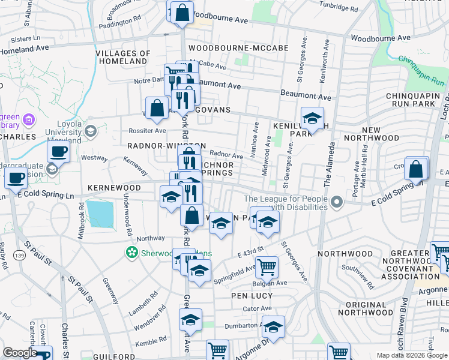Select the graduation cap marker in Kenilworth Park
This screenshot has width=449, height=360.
click(x=312, y=119)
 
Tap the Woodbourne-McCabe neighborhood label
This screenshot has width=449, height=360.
click(x=238, y=47)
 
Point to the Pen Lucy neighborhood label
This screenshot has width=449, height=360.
click(x=252, y=296)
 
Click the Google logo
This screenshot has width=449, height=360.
click(x=20, y=352)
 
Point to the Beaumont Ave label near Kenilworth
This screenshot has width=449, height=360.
click(x=306, y=96)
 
